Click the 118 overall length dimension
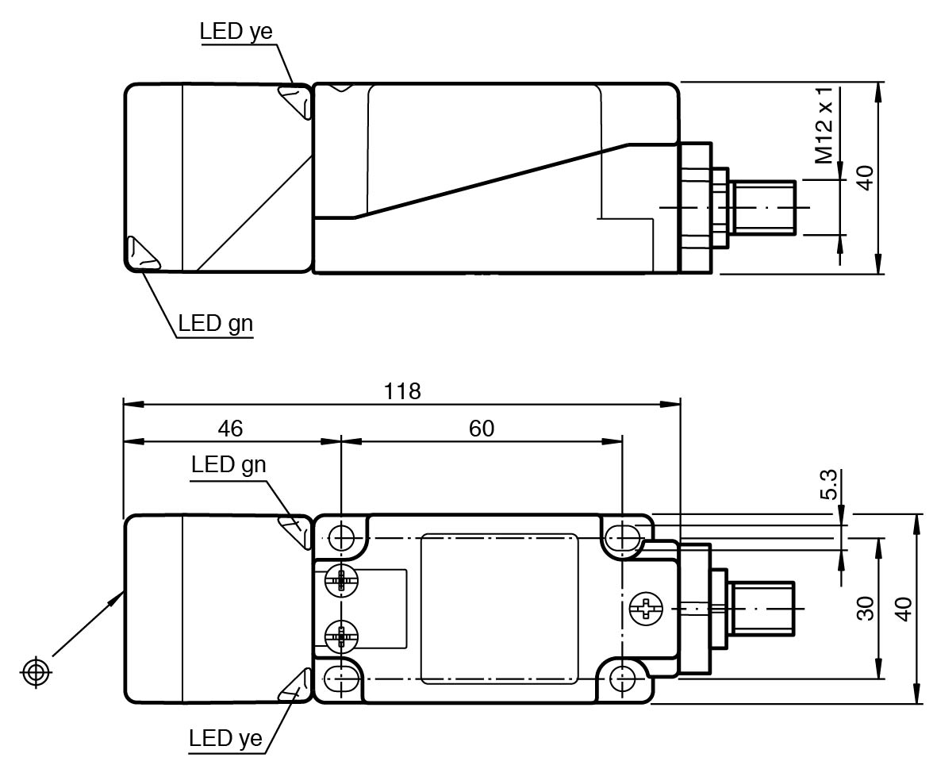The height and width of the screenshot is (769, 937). click(402, 391)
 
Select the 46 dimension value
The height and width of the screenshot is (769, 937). click(230, 429)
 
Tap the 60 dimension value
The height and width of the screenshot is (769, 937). click(481, 429)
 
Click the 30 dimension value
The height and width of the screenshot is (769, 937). click(866, 608)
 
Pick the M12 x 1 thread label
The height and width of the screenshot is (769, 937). click(826, 132)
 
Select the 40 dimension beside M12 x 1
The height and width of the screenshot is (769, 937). click(866, 178)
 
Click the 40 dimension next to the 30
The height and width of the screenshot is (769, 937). click(904, 608)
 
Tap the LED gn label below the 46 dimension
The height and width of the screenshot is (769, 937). click(228, 465)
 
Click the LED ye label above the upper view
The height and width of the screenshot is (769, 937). click(236, 32)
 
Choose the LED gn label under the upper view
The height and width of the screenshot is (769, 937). click(215, 324)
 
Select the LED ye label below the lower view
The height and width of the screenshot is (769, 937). click(225, 739)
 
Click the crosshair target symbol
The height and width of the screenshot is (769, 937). click(34, 672)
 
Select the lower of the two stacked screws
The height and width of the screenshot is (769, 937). click(342, 636)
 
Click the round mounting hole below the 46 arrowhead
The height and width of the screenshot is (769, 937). click(342, 538)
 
